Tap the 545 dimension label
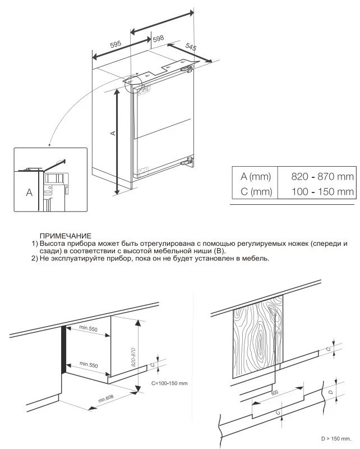tap(191, 48)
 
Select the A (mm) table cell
tap(255, 176)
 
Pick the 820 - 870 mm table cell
tap(322, 176)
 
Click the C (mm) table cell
tap(255, 192)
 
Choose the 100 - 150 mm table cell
tap(322, 192)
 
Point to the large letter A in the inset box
tap(29, 192)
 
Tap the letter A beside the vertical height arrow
tap(113, 133)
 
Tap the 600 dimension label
tap(274, 392)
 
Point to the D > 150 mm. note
tap(336, 438)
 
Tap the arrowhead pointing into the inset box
tap(49, 146)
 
